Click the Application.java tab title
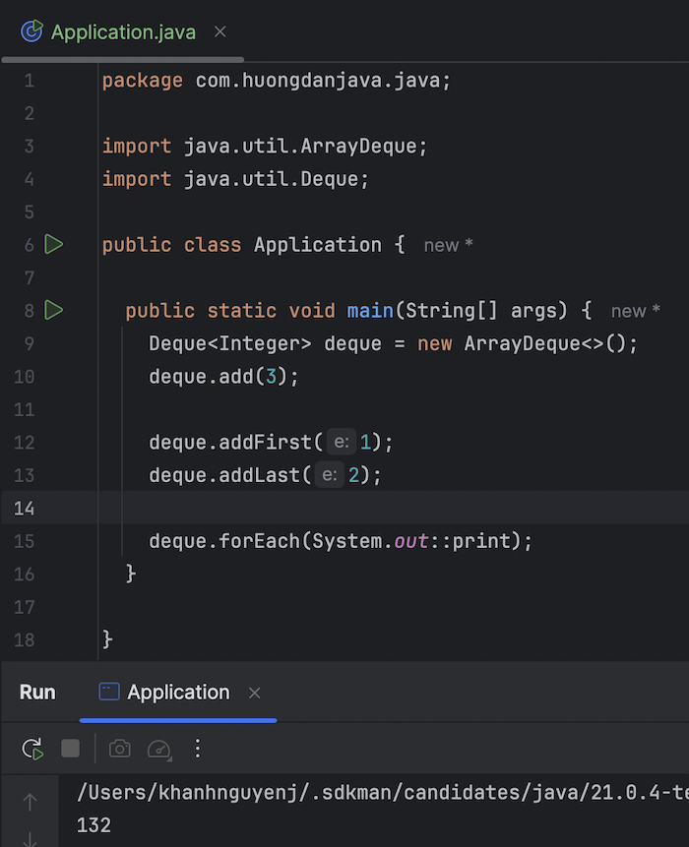tap(123, 32)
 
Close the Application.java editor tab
tap(220, 31)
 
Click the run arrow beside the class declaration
tap(54, 244)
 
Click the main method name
tap(370, 311)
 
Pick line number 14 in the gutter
tap(24, 508)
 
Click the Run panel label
tap(37, 693)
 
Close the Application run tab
tap(255, 694)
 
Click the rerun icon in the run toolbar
tap(32, 750)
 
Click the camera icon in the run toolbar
tap(120, 750)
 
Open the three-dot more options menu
tap(197, 750)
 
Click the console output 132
tap(94, 825)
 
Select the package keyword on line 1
tap(142, 81)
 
